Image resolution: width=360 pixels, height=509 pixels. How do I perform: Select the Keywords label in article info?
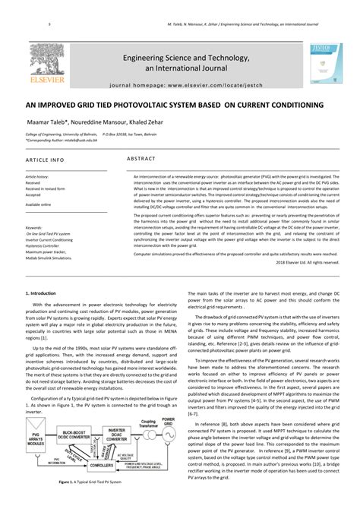(x=34, y=227)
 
